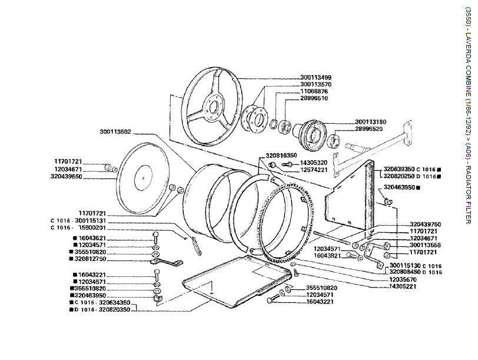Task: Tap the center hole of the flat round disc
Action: pos(144,175)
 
